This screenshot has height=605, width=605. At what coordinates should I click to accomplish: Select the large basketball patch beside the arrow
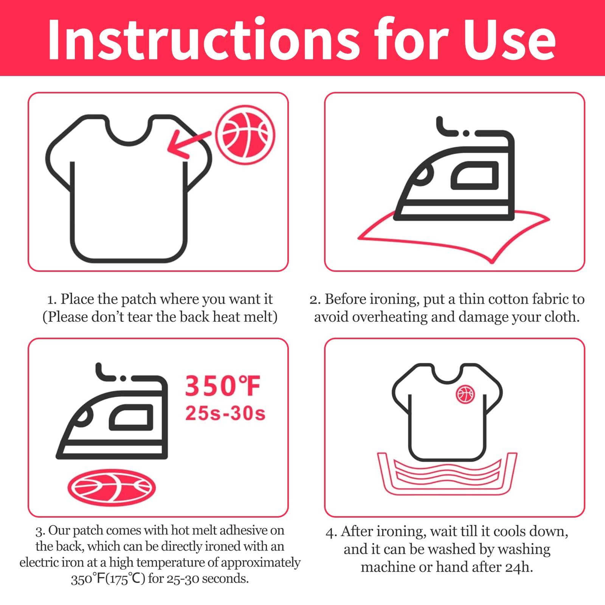245,135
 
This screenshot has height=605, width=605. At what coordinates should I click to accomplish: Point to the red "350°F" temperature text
223,386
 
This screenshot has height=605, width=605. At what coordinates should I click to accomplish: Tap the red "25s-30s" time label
225,413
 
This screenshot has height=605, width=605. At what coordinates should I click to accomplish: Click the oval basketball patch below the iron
112,487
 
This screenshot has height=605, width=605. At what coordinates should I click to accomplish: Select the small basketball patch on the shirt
465,395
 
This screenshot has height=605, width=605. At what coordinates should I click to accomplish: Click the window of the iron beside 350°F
131,417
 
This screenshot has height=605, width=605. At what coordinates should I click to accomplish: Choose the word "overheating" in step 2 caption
389,317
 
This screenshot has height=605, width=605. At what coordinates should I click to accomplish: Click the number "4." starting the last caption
331,532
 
